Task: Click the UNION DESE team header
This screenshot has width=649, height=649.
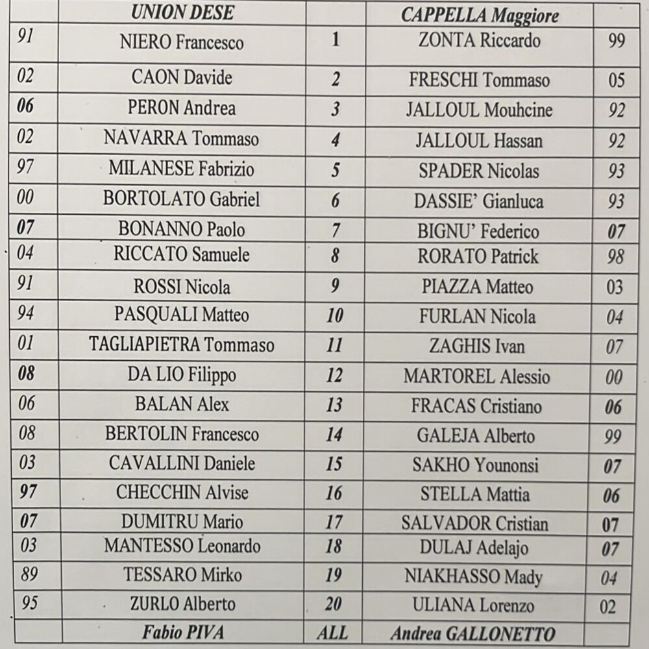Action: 182,12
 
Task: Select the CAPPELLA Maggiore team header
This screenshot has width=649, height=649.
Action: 479,15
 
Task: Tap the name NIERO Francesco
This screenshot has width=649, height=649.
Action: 182,43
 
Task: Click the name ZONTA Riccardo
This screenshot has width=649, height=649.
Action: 479,41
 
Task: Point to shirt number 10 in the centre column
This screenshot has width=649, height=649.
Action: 335,316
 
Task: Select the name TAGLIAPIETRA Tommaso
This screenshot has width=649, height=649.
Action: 181,345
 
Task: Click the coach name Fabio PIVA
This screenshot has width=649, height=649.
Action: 181,633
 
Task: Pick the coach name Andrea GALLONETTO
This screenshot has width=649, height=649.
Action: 473,634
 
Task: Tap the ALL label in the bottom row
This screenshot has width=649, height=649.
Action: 334,633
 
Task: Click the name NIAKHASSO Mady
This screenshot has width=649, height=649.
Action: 473,576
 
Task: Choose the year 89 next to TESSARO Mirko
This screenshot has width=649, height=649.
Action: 29,574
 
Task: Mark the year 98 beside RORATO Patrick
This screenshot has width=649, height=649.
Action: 615,257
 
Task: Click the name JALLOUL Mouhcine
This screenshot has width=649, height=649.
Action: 479,110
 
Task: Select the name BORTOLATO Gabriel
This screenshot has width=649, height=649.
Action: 181,199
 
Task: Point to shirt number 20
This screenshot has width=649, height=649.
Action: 334,604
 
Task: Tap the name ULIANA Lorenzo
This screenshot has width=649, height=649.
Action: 473,606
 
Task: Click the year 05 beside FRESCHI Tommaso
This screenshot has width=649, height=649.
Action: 616,80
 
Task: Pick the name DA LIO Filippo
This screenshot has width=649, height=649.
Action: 181,374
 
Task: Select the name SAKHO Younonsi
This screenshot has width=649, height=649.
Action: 475,465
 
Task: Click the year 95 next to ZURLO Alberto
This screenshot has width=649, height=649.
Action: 29,603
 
